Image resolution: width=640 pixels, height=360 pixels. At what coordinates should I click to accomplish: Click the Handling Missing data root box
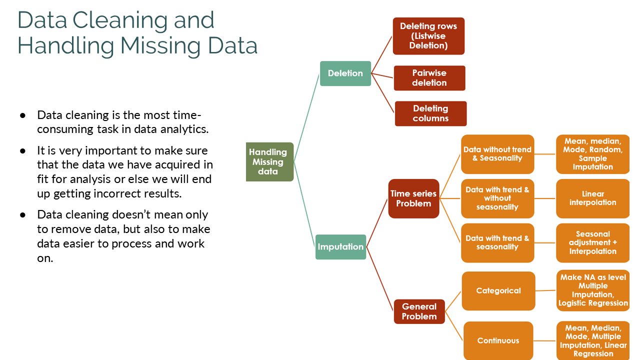click(269, 161)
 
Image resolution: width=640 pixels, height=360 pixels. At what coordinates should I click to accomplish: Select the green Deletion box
click(345, 73)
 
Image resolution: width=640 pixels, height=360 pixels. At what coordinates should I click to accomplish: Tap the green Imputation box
click(340, 246)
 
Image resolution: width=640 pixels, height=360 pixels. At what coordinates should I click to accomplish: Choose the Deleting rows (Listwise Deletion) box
click(428, 36)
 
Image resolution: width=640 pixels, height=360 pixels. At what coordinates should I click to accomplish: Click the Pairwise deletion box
click(429, 78)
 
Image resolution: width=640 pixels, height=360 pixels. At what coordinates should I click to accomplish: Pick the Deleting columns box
click(430, 113)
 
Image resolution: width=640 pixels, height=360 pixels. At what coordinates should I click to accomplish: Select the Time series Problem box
click(413, 198)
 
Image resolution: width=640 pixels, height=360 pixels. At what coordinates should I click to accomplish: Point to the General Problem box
click(419, 311)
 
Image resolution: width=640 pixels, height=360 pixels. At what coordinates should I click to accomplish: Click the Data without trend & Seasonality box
click(497, 154)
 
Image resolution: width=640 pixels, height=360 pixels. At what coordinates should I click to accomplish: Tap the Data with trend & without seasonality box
click(497, 198)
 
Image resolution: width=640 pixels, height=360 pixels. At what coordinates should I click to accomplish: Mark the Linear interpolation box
click(592, 198)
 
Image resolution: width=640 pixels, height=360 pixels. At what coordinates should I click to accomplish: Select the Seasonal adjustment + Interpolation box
click(592, 242)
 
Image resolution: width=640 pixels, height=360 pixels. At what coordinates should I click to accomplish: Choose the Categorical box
click(498, 290)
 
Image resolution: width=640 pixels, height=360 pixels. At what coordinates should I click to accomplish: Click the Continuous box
click(498, 340)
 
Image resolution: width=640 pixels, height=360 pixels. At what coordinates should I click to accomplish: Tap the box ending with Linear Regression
click(593, 340)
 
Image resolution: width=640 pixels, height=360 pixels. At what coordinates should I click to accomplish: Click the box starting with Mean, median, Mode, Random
click(592, 154)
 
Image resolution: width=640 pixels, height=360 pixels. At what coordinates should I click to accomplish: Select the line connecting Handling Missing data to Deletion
click(306, 117)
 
